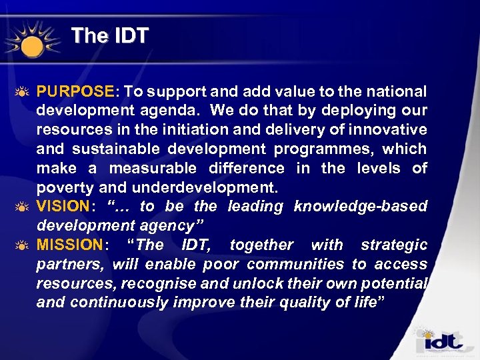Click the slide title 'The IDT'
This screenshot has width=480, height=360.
(x=109, y=35)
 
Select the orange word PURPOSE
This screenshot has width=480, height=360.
(x=75, y=91)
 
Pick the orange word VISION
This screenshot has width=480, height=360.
(x=63, y=206)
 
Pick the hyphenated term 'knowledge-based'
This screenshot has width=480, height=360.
(x=360, y=206)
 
